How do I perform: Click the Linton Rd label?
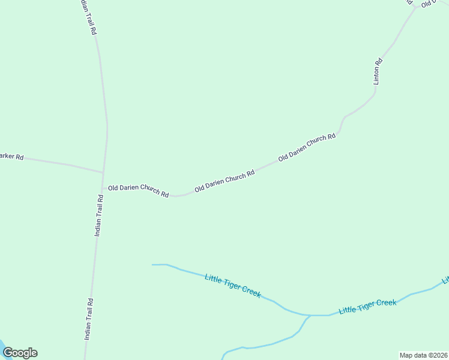377,71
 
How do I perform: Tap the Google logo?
20,353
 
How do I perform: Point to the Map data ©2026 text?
424,355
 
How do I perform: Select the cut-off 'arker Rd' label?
11,157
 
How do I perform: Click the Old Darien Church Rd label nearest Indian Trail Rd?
138,190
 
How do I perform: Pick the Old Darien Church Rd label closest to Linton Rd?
307,148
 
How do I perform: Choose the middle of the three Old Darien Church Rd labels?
224,181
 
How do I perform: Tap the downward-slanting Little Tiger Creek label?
233,286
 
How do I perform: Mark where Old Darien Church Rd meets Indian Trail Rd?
103,188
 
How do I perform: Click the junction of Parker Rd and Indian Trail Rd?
104,173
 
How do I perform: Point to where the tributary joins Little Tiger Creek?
310,315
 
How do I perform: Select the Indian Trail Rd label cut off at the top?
88,17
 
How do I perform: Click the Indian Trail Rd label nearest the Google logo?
88,319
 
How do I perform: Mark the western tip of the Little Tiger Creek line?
152,265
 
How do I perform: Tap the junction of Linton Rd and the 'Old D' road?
415,7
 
